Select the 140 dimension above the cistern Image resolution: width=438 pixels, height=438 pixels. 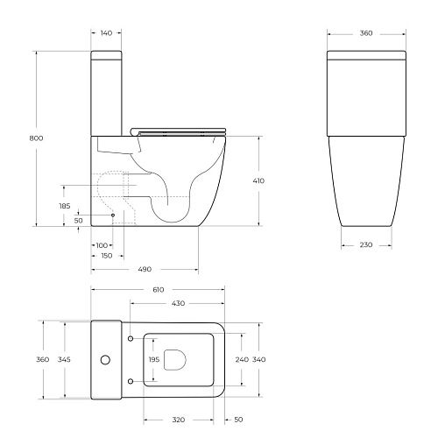[105, 32]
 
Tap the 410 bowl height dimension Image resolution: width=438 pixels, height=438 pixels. [258, 180]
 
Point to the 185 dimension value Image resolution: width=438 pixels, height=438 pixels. [64, 206]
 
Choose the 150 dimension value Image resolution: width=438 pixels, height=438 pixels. [105, 256]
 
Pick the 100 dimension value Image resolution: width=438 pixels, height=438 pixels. [102, 244]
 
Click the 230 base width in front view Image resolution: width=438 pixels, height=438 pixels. [365, 244]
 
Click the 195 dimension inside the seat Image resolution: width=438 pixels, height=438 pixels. [154, 359]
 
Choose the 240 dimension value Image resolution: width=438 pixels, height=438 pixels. [243, 359]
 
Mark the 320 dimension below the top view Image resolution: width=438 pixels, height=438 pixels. [178, 420]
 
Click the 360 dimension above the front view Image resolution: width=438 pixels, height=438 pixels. [365, 32]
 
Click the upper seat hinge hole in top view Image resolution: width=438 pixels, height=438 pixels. [131, 338]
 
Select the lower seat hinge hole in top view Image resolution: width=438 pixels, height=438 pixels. [131, 380]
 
